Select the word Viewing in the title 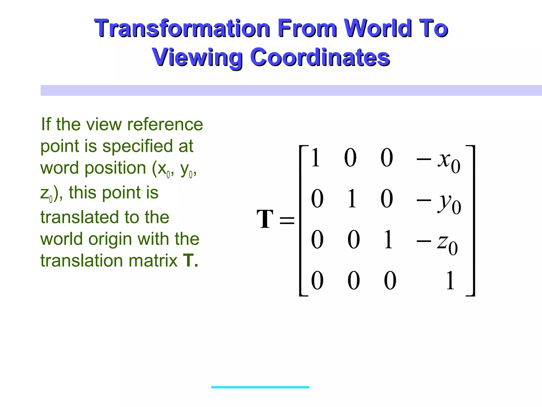pyautogui.click(x=197, y=57)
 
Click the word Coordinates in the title pyautogui.click(x=320, y=57)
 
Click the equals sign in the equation pyautogui.click(x=287, y=220)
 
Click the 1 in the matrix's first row pyautogui.click(x=315, y=158)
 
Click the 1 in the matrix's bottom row pyautogui.click(x=450, y=281)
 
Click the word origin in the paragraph pyautogui.click(x=110, y=239)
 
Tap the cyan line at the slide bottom pyautogui.click(x=260, y=387)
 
